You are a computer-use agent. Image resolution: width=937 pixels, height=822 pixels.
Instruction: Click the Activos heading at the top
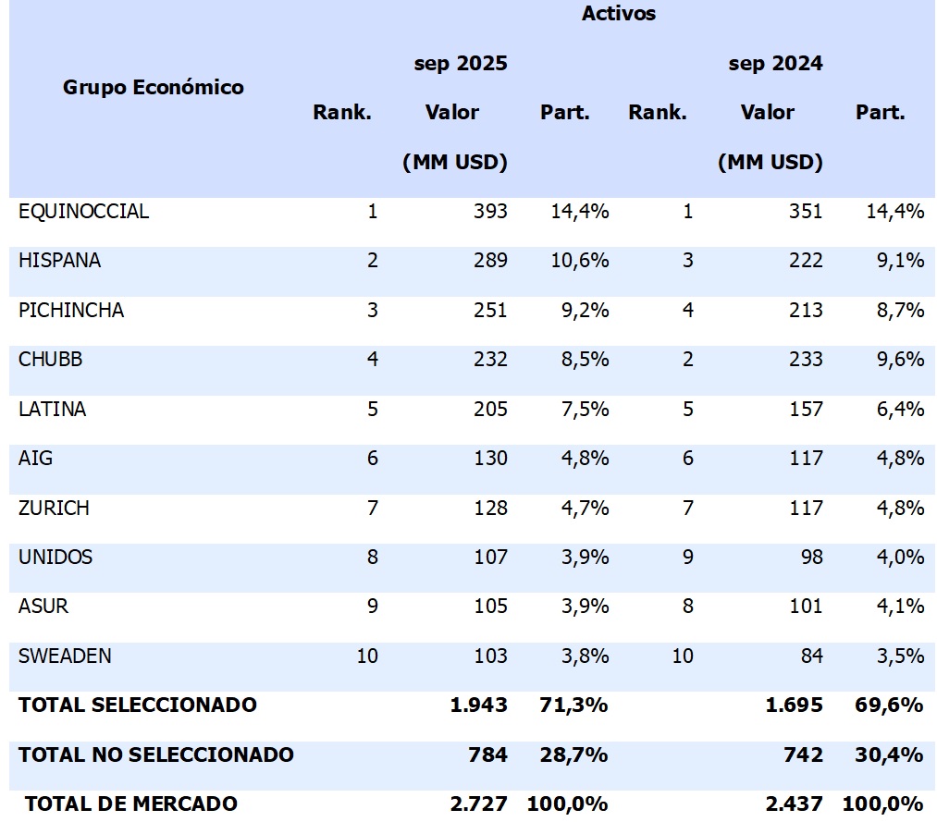(x=619, y=14)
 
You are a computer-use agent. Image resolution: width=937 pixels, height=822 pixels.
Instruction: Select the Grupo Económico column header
(x=154, y=88)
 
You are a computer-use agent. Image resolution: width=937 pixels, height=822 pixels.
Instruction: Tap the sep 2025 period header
(x=461, y=64)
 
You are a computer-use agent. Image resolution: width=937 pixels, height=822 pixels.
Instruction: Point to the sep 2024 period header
(x=775, y=64)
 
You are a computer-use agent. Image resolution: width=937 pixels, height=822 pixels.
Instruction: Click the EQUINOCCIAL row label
(x=83, y=212)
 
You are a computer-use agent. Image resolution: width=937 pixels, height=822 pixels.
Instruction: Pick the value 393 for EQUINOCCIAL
(x=490, y=212)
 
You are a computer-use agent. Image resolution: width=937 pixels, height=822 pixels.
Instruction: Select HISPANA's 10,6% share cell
(x=580, y=261)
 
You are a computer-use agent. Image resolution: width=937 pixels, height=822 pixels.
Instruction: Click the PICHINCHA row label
(x=71, y=311)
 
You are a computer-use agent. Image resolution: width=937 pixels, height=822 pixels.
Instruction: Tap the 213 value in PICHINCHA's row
(x=806, y=311)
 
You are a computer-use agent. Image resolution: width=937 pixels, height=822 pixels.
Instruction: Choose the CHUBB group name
(x=50, y=360)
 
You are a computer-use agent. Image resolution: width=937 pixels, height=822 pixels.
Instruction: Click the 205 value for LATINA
(x=490, y=409)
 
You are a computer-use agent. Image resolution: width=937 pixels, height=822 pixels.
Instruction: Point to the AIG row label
(x=35, y=459)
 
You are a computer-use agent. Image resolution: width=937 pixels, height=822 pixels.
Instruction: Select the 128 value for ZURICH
(x=490, y=508)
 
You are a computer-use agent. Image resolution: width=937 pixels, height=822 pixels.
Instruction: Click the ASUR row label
(x=43, y=607)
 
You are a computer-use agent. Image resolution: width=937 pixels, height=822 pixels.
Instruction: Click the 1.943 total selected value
(x=479, y=705)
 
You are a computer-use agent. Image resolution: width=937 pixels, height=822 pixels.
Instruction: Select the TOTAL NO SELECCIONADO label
(x=156, y=755)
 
